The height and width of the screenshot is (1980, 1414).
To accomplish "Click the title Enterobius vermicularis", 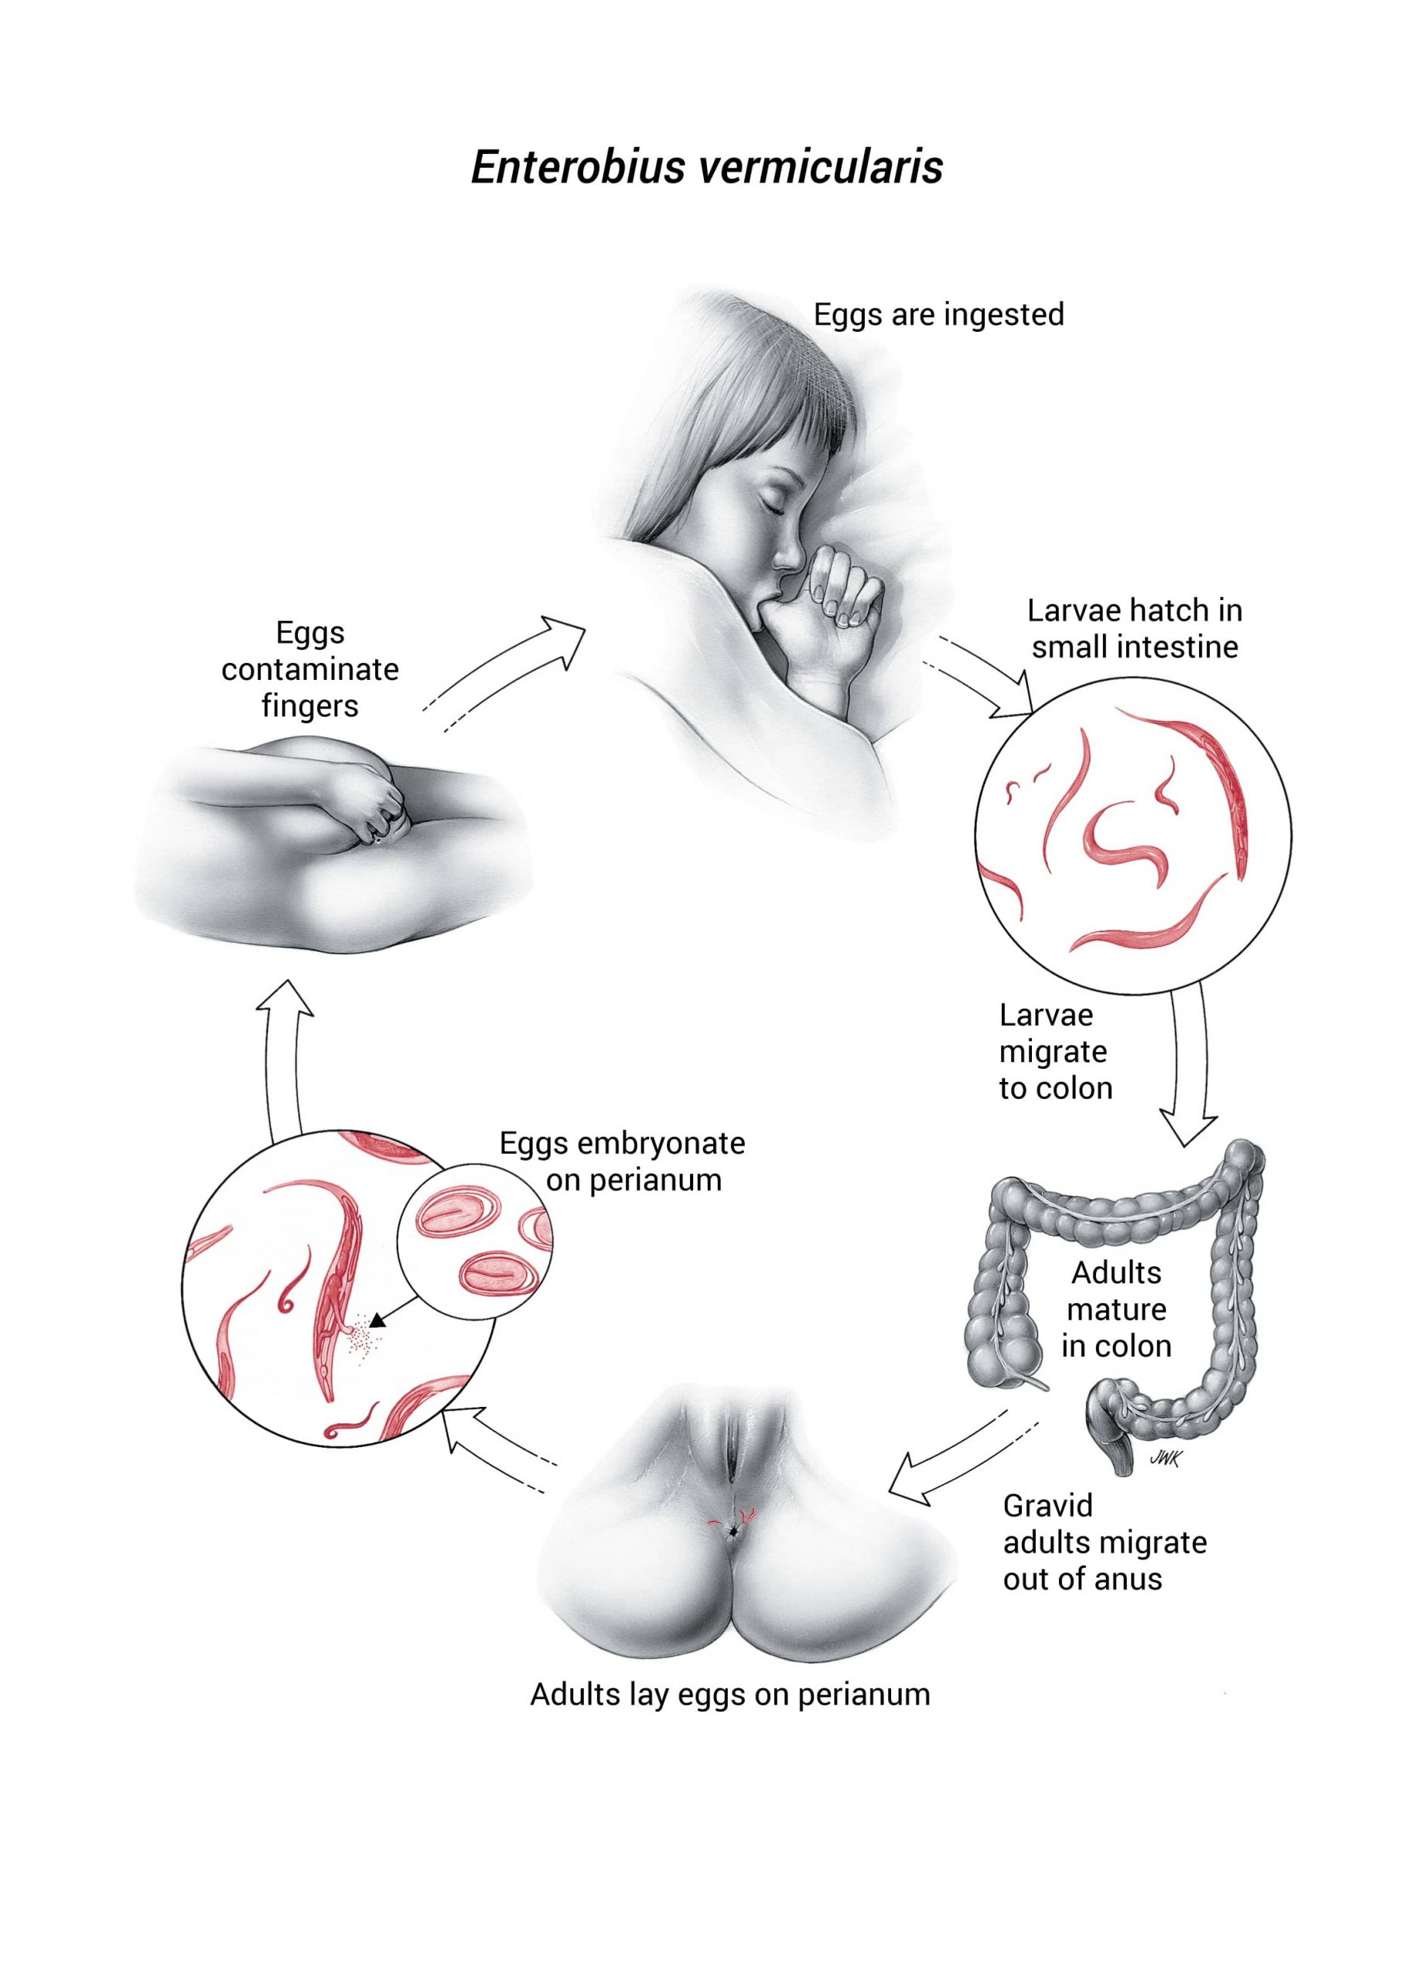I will (x=706, y=167).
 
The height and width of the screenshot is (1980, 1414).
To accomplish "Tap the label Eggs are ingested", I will (x=938, y=314).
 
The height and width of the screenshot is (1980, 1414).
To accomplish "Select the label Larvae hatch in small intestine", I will (x=1134, y=628).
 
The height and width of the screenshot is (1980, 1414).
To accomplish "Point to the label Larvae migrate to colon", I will (x=1054, y=1051).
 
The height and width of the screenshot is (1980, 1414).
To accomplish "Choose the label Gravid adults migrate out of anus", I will (x=1104, y=1542).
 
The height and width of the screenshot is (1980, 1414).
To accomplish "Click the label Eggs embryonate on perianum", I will (x=623, y=1161).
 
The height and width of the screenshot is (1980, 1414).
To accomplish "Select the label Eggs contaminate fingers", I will (x=310, y=668).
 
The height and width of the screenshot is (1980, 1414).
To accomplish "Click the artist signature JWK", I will (x=1164, y=1459).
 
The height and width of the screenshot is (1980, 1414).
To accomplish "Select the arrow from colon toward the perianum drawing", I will (x=949, y=1464).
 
